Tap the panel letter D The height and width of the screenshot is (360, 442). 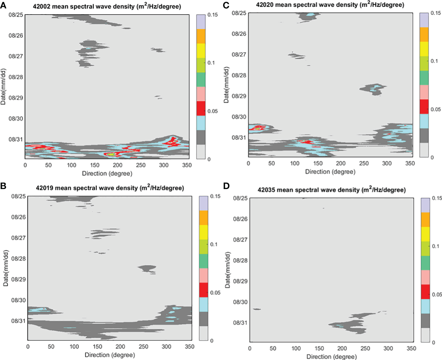[226, 186]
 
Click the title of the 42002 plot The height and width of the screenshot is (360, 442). [107, 6]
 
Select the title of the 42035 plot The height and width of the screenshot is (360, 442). [331, 190]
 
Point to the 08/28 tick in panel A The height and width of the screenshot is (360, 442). [16, 77]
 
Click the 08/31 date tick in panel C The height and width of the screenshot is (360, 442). [239, 138]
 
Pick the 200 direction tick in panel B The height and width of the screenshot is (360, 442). [120, 347]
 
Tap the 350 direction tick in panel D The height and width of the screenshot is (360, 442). [411, 348]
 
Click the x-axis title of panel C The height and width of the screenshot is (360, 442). [330, 172]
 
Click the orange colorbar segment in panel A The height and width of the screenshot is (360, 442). [201, 36]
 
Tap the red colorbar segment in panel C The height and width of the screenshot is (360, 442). [424, 106]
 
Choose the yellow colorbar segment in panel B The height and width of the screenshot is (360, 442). [204, 232]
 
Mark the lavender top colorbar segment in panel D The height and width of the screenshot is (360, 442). [425, 205]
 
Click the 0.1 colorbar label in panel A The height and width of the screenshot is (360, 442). [211, 63]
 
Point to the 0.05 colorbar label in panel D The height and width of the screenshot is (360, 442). [437, 294]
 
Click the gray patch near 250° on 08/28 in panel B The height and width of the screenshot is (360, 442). [147, 268]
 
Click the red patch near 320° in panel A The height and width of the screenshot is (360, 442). [171, 142]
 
